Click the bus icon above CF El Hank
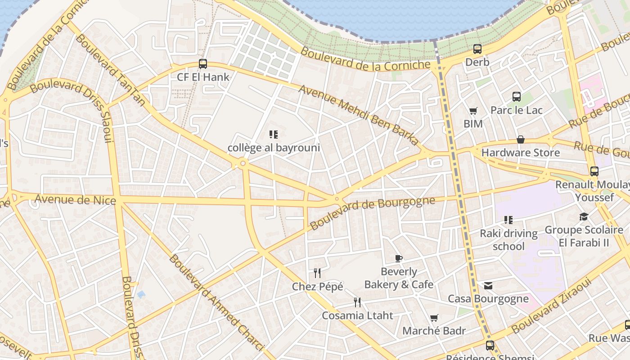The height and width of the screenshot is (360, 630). coord(203,64)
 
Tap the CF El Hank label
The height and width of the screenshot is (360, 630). coord(203,77)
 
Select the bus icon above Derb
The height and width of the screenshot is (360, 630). coord(477,49)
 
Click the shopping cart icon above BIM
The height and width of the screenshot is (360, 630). coord(473,111)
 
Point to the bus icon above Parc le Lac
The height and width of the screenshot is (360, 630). coord(517,96)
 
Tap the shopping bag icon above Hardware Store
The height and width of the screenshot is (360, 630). coord(521,139)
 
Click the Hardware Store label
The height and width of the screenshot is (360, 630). coord(521,153)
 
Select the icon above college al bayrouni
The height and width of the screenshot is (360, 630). coord(274,134)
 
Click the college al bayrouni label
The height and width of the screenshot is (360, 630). coord(274,148)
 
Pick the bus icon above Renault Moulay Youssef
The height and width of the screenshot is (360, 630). coord(594,171)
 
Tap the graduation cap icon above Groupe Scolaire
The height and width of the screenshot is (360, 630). coord(584,217)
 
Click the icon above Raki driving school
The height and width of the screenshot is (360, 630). coord(508,220)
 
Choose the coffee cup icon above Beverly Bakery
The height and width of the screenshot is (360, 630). coord(398,258)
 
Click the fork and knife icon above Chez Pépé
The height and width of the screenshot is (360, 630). coord(317,273)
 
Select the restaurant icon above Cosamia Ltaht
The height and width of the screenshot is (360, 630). coord(357,302)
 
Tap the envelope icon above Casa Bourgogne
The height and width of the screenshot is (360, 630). coord(488,286)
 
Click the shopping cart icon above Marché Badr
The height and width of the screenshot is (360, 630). coord(434,318)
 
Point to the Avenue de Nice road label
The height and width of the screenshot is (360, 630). coord(75,199)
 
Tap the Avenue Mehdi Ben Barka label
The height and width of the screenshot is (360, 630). coord(359,115)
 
